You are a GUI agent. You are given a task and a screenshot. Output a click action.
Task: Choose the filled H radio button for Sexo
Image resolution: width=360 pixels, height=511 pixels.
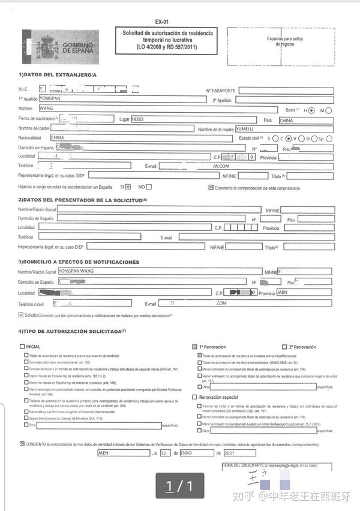311,110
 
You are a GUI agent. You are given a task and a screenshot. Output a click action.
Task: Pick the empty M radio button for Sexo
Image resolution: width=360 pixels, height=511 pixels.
328,110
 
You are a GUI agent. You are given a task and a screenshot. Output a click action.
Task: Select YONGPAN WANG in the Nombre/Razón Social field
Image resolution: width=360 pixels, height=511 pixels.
75,272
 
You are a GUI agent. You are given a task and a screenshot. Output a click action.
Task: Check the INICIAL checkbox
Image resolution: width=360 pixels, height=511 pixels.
23,346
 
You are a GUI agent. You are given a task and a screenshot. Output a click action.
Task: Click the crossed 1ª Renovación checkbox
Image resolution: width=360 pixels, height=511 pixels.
194,347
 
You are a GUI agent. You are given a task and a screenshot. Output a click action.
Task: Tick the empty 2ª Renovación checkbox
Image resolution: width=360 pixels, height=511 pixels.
284,347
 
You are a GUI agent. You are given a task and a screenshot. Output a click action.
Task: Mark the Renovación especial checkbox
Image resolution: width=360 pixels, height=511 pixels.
194,396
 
